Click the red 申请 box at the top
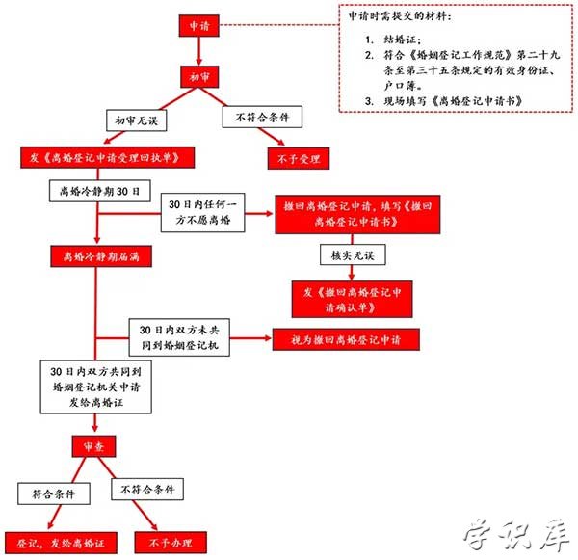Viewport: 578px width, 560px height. point(199,25)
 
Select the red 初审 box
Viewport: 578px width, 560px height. point(199,75)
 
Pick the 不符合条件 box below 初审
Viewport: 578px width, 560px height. point(263,119)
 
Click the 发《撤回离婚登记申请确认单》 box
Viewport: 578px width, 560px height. point(355,296)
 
